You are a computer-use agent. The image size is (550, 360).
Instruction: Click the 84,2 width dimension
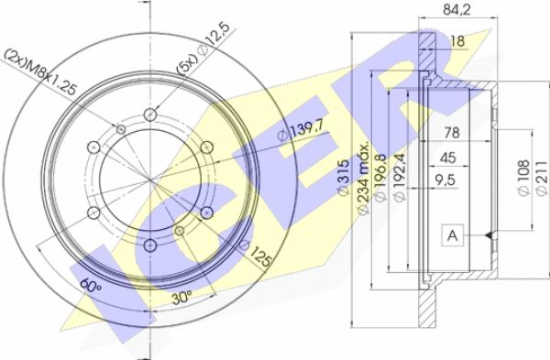456,9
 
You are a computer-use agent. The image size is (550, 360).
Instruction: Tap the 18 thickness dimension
457,41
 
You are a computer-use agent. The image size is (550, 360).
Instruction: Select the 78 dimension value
452,133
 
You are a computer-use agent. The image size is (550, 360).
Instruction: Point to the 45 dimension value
447,158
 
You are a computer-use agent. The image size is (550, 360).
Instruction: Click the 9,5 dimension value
445,180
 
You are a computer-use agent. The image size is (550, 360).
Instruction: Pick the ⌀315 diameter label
344,177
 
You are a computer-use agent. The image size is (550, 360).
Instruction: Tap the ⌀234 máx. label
363,178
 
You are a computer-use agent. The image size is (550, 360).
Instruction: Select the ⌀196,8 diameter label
380,178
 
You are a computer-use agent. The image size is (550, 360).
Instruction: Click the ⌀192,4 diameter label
400,178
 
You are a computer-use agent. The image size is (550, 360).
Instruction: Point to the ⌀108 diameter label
523,178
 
